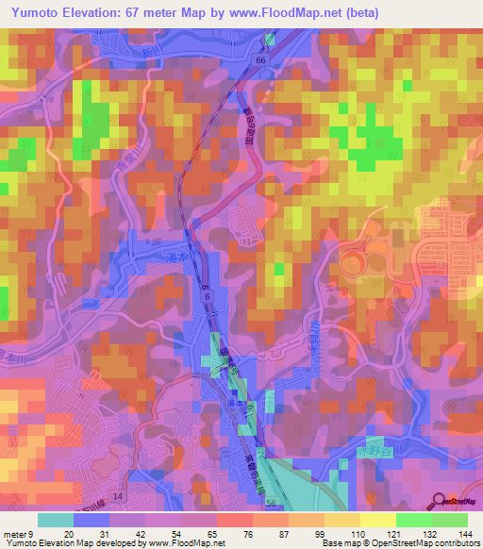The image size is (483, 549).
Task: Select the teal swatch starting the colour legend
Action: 55,520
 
